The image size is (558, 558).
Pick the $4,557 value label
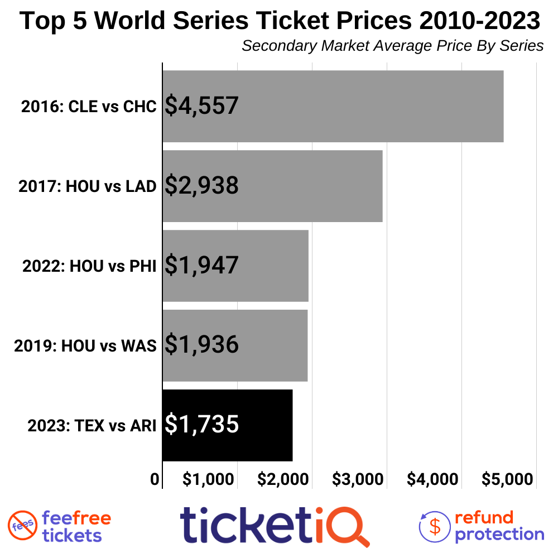(x=201, y=106)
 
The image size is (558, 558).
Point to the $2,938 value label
(x=201, y=186)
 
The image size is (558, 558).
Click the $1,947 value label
(x=201, y=266)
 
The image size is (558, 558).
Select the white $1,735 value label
(x=201, y=425)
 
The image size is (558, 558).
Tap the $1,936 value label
(x=201, y=345)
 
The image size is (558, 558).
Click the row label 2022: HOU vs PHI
(x=89, y=266)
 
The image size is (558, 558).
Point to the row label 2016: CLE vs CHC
(x=89, y=107)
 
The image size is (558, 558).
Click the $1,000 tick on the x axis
(x=208, y=479)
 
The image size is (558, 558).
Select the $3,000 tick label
(x=358, y=479)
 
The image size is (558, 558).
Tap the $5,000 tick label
(x=507, y=479)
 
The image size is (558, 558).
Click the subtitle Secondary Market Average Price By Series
(x=392, y=46)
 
